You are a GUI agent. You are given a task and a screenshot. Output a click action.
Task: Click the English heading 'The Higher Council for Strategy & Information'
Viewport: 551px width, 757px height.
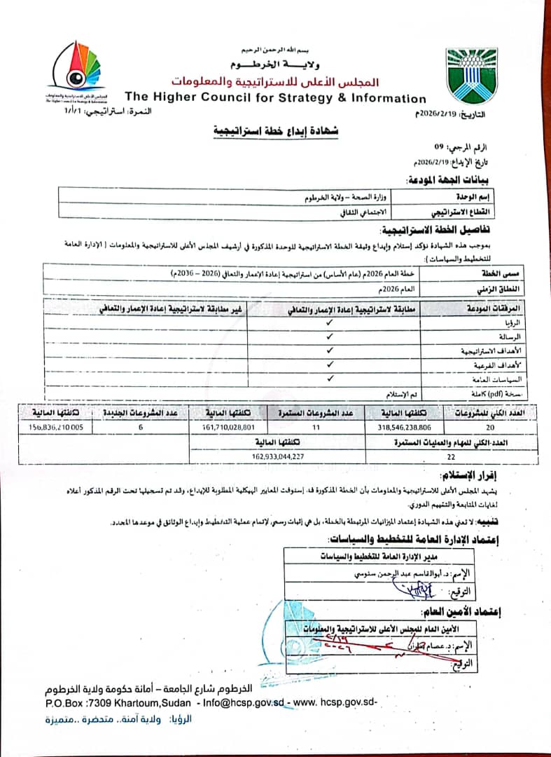click(275, 98)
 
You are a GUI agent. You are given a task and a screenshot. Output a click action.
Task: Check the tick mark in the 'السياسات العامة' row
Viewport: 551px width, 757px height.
click(329, 376)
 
